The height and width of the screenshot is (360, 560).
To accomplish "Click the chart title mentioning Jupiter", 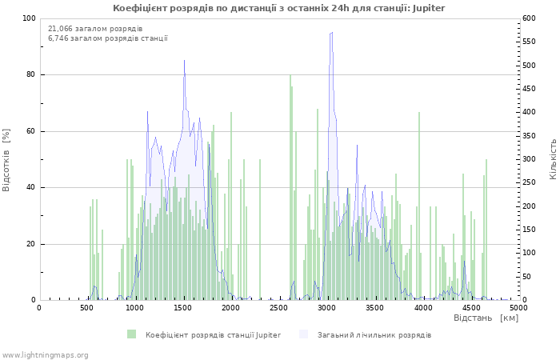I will [x=279, y=8].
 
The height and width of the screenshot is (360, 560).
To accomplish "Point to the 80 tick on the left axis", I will [x=30, y=75].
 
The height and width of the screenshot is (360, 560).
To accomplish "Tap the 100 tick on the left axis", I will [x=28, y=18].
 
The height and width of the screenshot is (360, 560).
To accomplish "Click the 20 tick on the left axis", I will [x=30, y=244].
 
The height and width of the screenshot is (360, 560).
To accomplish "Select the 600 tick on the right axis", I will [x=529, y=18].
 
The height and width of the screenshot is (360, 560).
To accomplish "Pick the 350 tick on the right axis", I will [x=529, y=136].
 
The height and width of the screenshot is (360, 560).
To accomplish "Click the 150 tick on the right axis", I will [x=529, y=230].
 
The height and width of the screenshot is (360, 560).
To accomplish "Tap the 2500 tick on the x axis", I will [x=279, y=307].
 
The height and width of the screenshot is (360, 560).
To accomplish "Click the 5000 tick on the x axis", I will [x=518, y=307].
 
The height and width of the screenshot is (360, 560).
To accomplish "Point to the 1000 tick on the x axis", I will [x=135, y=307].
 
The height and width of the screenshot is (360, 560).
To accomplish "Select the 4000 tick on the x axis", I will [x=422, y=307].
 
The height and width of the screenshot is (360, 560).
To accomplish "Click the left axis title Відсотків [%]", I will [x=7, y=159].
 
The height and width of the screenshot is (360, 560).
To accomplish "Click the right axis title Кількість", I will [x=553, y=159].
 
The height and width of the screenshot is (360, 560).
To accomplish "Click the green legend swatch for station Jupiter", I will [x=131, y=334].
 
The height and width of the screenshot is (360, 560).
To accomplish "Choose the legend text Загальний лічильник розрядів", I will [x=374, y=334].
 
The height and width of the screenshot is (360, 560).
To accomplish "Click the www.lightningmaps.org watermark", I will [x=45, y=354].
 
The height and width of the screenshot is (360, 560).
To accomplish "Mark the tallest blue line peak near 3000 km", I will [x=331, y=32].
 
